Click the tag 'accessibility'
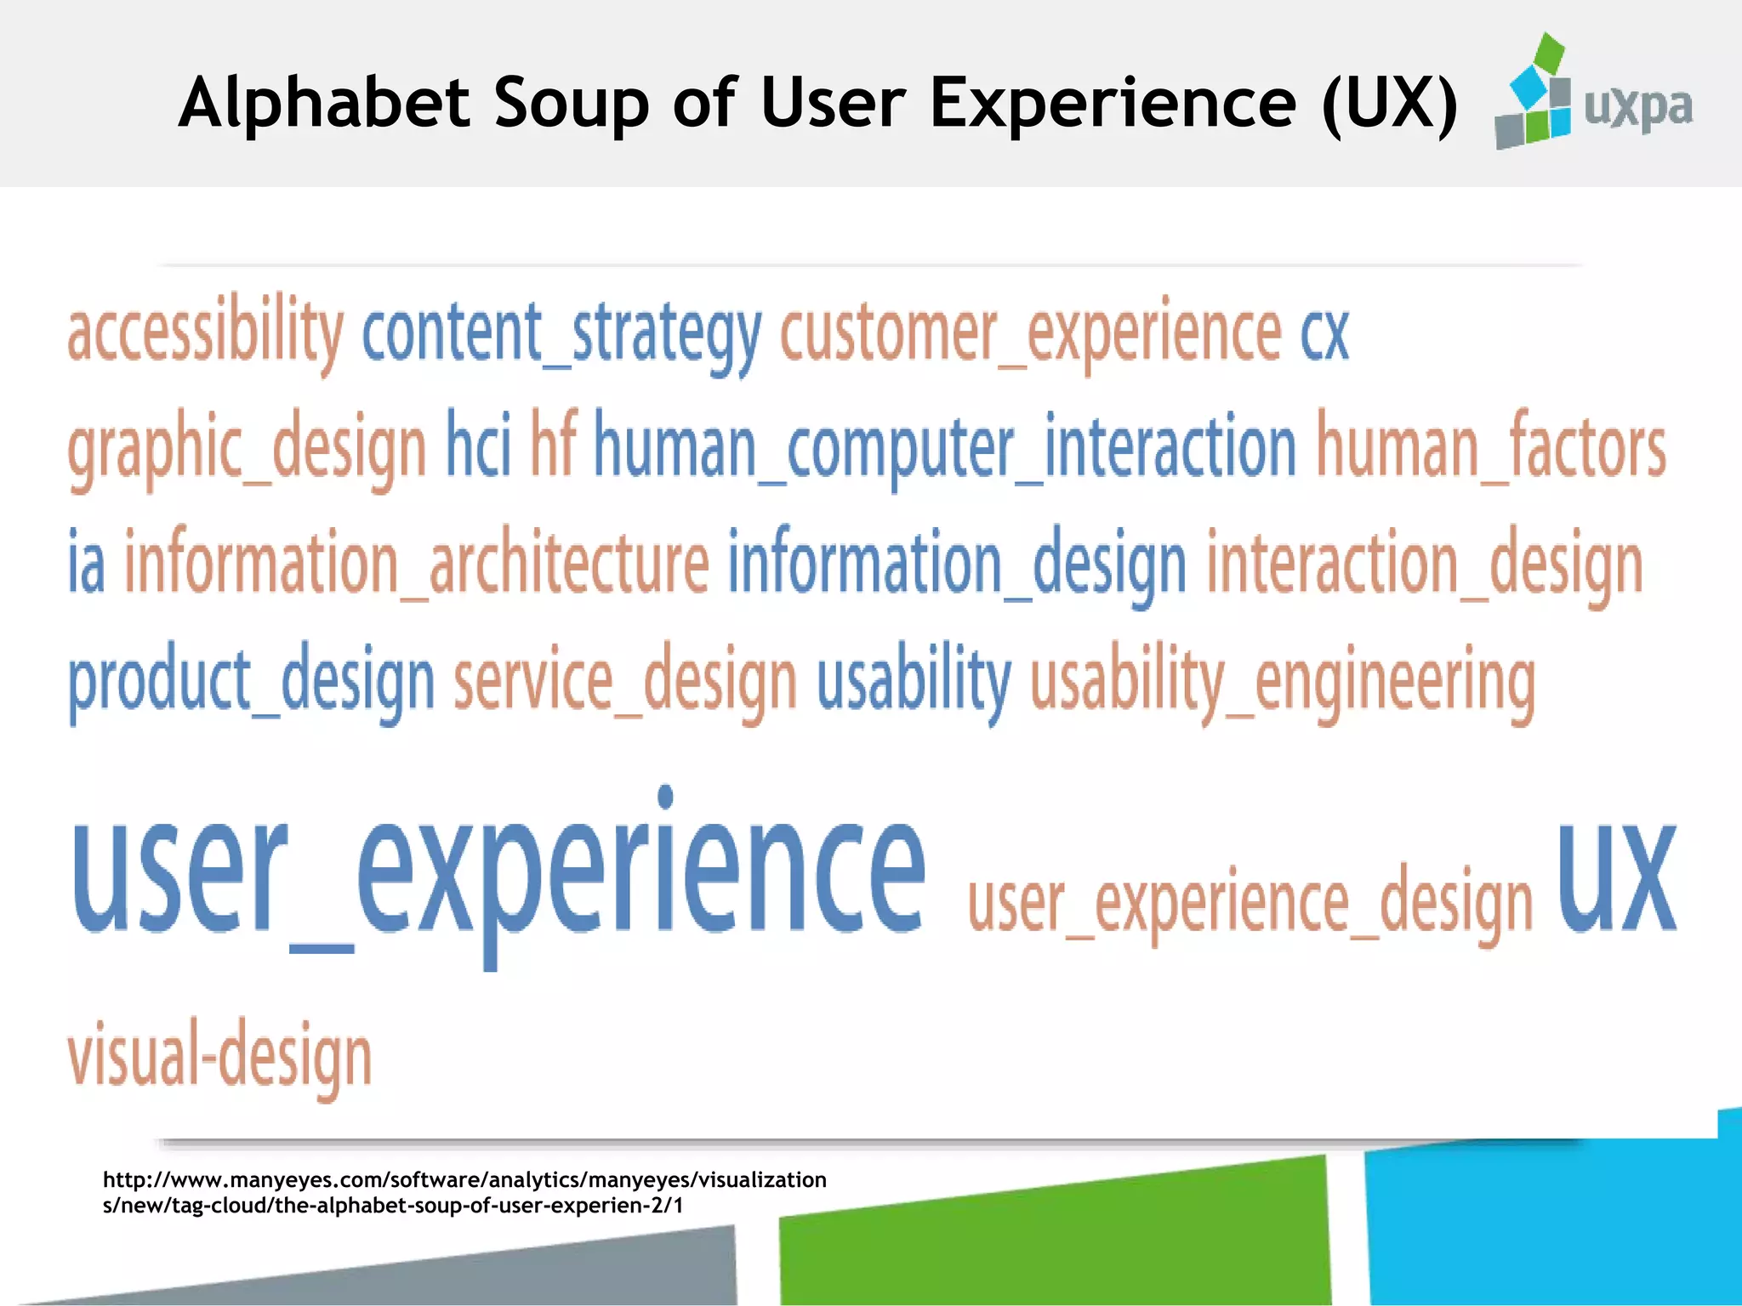205,333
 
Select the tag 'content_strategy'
561,333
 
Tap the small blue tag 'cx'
1324,333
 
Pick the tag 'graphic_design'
247,449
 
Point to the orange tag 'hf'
554,444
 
